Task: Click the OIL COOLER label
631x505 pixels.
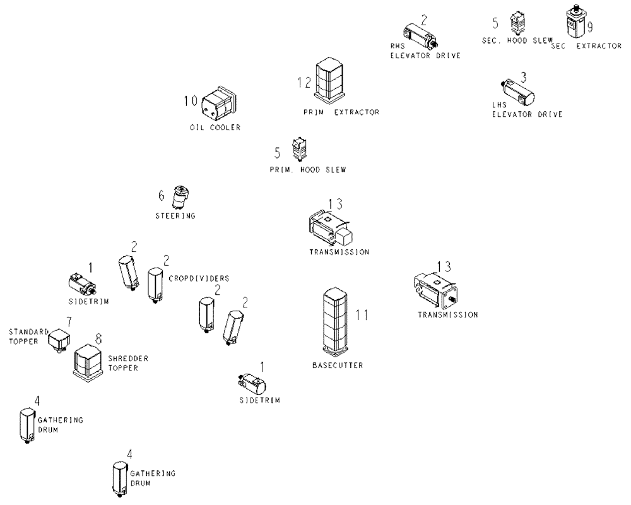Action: [x=215, y=128]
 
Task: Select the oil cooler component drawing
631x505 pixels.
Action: [x=219, y=104]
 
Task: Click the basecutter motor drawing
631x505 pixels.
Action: [x=335, y=322]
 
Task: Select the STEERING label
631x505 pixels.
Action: [x=176, y=216]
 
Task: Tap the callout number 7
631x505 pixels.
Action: [x=69, y=322]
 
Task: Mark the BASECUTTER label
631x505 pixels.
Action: [x=338, y=365]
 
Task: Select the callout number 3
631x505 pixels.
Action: [x=523, y=77]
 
